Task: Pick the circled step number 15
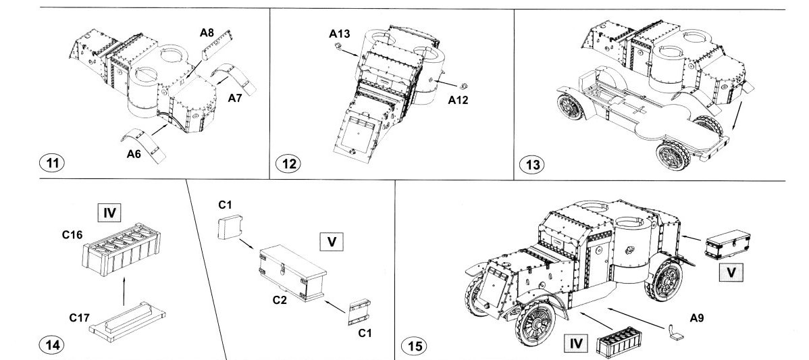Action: [x=415, y=346]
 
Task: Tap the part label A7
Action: [x=235, y=99]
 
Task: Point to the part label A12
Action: [x=459, y=101]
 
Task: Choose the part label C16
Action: [x=70, y=236]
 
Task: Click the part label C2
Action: [x=280, y=300]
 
